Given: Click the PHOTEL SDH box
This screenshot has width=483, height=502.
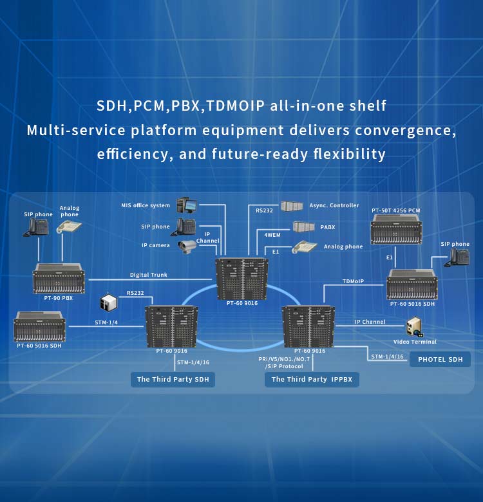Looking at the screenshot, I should pos(440,359).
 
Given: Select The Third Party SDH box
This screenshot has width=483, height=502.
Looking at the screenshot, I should pos(173,379).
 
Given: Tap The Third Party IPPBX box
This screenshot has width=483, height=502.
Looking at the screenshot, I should pos(312,379).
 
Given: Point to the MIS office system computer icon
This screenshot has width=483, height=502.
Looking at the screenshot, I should pos(186,206).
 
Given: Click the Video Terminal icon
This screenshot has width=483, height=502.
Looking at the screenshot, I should pos(413,327).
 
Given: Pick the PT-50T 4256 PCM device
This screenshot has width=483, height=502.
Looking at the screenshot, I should pos(396,229).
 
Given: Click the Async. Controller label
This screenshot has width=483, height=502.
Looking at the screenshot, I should pos(334,205).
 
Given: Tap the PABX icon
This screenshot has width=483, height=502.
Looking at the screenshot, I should pos(303,227).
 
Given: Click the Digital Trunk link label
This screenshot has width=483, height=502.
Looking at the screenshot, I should pos(149,275).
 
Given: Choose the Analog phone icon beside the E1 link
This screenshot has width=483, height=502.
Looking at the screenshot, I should pos(304,246).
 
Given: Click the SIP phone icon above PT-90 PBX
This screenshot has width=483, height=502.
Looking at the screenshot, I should pos(38,227).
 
